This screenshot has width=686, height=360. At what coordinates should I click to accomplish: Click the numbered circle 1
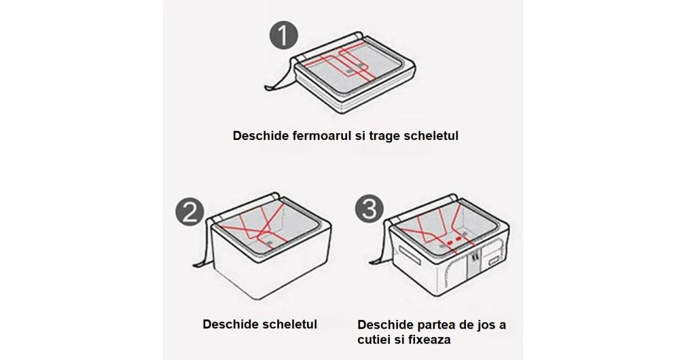(284, 35)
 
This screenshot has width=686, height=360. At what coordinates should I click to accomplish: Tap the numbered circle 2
(190, 211)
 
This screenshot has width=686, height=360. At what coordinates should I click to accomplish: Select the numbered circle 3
(369, 209)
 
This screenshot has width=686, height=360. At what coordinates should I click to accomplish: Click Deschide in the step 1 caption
(261, 135)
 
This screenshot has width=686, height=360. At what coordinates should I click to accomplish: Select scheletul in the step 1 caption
(431, 135)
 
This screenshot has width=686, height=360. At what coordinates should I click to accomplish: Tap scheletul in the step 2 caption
(290, 324)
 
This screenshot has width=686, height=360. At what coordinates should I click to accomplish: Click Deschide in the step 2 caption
(230, 324)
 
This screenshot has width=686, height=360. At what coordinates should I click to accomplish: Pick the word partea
(436, 325)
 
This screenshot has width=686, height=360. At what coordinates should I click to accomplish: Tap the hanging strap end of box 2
(200, 265)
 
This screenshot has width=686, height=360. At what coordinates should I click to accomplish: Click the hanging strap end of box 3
(377, 262)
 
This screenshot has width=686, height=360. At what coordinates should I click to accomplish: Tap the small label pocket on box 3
(493, 261)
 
